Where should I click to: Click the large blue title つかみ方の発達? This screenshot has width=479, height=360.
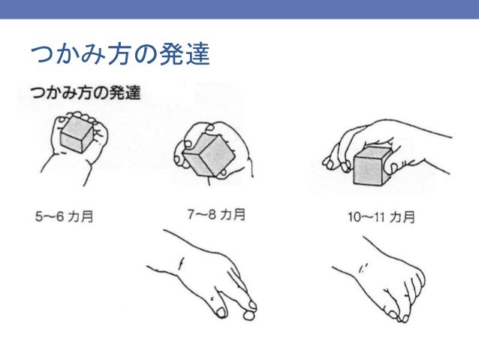click(120, 54)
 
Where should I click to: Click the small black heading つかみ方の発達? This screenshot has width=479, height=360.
click(86, 92)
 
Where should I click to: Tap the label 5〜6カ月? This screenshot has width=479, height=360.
click(64, 216)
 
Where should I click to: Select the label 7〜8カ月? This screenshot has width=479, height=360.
click(216, 214)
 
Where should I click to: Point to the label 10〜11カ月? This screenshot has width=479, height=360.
click(381, 217)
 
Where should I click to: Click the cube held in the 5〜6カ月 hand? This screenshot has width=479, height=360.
click(77, 135)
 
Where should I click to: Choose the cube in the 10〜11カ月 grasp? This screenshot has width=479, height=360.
click(372, 166)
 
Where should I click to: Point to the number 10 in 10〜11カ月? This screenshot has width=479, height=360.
click(354, 217)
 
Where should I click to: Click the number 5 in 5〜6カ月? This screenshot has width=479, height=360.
click(38, 216)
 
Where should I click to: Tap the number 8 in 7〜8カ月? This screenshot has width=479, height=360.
click(212, 215)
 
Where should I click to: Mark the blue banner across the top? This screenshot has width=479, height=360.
click(239, 9)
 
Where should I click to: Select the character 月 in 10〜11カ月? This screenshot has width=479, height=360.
click(409, 217)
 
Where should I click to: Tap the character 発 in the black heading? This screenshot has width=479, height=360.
click(116, 92)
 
